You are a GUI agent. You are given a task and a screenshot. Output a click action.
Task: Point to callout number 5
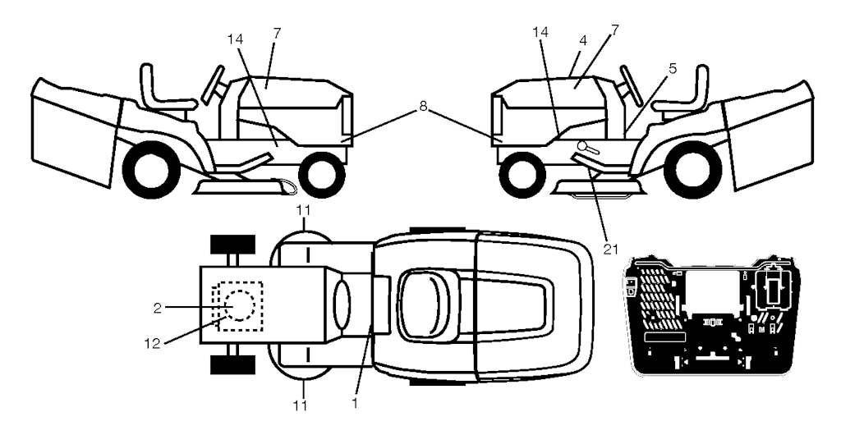click(673, 69)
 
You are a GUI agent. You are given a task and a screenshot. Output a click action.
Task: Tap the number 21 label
click(610, 249)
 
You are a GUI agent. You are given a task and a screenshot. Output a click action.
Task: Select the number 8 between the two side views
click(423, 107)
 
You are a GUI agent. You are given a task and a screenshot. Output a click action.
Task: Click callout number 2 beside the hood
click(157, 307)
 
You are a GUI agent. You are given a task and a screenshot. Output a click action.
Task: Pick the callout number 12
click(153, 343)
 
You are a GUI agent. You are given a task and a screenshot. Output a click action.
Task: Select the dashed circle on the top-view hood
click(225, 304)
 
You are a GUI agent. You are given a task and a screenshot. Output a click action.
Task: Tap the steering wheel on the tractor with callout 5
click(632, 85)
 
